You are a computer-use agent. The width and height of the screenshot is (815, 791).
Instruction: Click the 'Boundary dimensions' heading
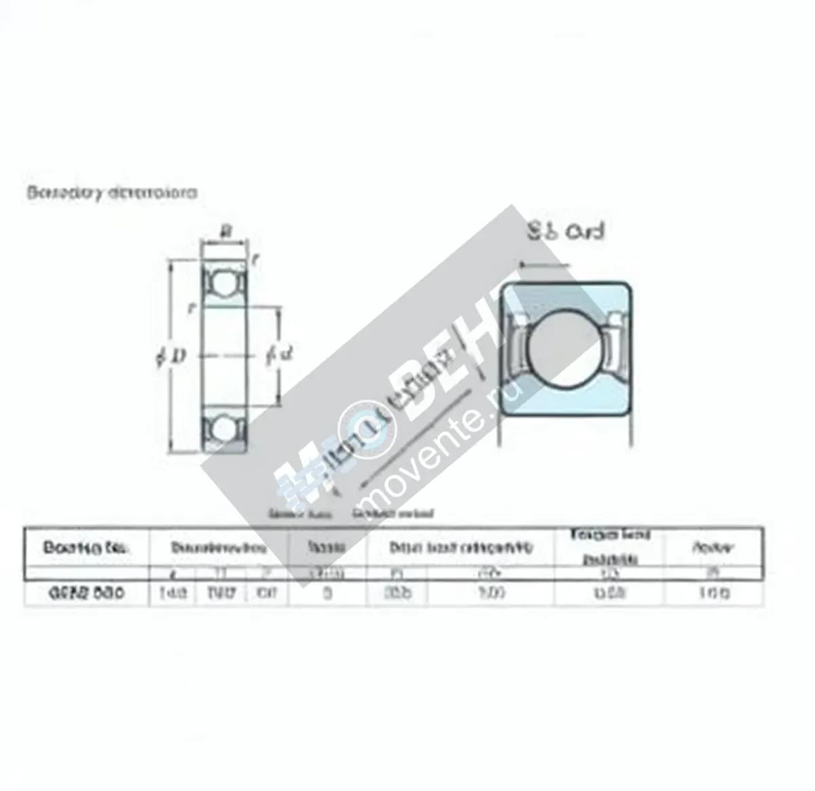point(112,192)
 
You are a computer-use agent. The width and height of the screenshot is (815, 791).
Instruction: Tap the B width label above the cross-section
point(226,232)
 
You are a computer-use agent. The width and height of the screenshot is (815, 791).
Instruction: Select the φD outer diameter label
point(170,355)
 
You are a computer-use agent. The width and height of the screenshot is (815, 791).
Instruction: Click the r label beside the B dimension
point(254,259)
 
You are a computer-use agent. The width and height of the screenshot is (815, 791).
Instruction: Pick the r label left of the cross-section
point(192,308)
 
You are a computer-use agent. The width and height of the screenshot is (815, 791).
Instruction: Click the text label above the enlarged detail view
point(566,232)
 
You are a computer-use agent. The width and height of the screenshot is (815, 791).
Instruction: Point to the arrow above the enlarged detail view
point(543,265)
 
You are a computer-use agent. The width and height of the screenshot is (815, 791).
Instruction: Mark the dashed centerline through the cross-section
point(225,355)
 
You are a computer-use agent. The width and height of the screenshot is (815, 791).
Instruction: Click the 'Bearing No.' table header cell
point(86,547)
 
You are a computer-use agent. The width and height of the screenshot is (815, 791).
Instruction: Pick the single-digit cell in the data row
point(328,593)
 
